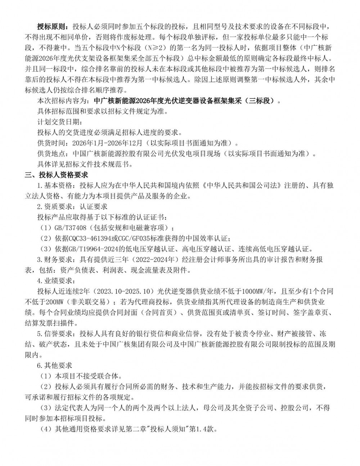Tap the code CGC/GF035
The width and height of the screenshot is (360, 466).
137,238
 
